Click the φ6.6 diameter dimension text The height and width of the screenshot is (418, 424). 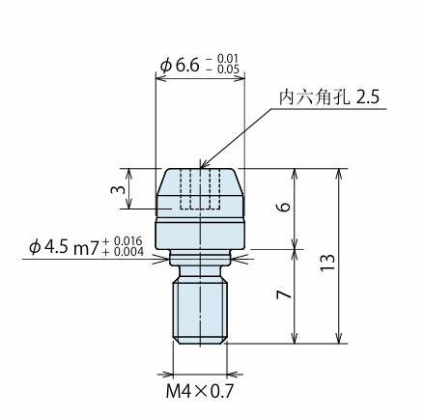point(181,66)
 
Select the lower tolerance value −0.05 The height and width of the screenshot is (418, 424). point(224,70)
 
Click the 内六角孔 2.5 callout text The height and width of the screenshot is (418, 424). point(329,97)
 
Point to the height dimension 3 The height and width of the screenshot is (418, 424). point(118,189)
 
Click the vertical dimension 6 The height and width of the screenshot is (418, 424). point(284,207)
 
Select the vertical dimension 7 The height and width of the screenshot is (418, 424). point(284,294)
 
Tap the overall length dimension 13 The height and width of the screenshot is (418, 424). point(327,263)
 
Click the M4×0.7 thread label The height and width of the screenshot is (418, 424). point(200,392)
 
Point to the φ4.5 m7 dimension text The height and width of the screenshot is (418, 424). point(63,248)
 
